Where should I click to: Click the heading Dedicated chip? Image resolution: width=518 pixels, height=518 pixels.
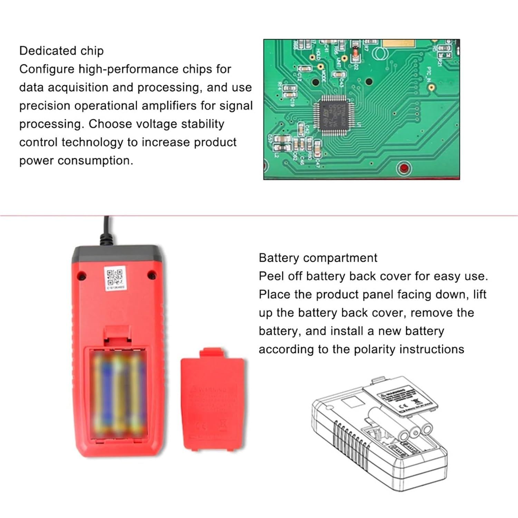click(61, 51)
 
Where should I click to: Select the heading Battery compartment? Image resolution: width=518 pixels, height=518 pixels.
click(318, 258)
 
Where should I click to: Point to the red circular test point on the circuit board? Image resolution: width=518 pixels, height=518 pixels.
click(404, 168)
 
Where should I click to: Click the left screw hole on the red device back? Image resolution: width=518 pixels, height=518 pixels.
click(81, 275)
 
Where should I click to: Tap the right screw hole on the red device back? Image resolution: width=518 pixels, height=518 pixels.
click(151, 275)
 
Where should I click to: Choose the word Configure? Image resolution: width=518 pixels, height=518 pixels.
click(47, 69)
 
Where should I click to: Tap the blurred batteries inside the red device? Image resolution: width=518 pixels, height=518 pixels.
click(118, 394)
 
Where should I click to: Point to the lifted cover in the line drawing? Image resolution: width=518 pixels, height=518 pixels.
click(401, 397)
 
